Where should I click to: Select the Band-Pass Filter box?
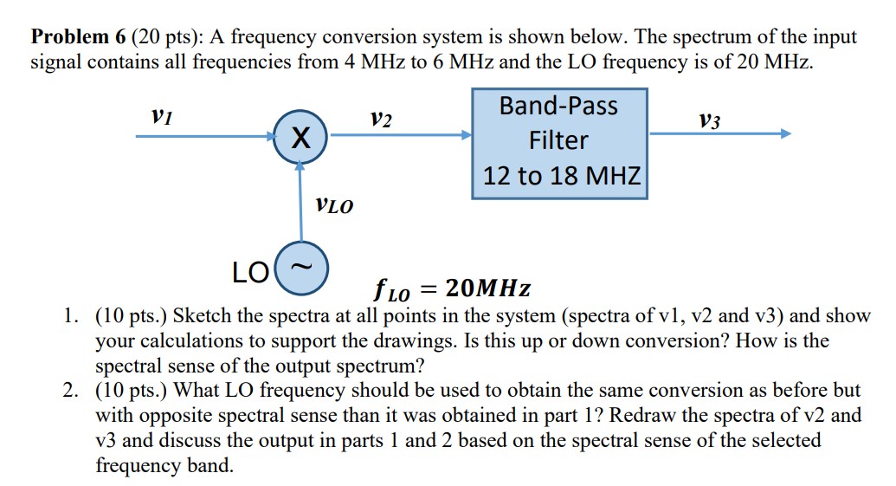tap(559, 143)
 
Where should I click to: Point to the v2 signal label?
tap(380, 119)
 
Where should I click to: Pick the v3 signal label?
tap(710, 120)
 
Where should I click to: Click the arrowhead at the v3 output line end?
tap(784, 134)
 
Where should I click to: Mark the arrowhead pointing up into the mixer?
tap(300, 166)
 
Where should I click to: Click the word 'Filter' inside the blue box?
tap(559, 140)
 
